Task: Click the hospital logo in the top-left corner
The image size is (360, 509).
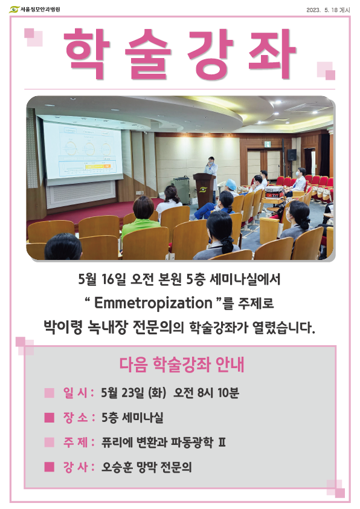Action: [x=34, y=9]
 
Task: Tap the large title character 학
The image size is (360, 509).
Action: [x=87, y=54]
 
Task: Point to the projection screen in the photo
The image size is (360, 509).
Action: [x=83, y=152]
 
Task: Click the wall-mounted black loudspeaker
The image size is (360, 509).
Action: [x=292, y=155]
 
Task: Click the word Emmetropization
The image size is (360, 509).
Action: [x=153, y=303]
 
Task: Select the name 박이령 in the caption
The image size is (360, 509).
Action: [x=63, y=327]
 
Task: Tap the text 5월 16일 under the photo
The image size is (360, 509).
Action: [x=102, y=279]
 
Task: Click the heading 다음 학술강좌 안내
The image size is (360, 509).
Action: [x=182, y=365]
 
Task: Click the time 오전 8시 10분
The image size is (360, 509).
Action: [x=206, y=393]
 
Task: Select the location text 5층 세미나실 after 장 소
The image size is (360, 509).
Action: [x=132, y=418]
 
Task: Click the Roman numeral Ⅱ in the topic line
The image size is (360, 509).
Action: [x=222, y=442]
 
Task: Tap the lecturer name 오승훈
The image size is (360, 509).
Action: [x=116, y=467]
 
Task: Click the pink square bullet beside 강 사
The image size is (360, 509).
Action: [x=50, y=467]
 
